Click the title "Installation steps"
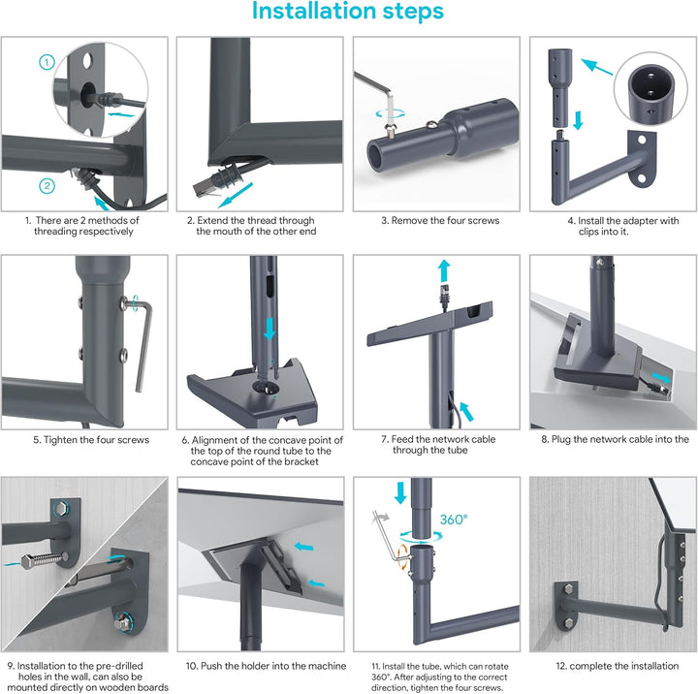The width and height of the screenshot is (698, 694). tap(348, 11)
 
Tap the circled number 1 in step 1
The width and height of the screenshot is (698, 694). tap(48, 62)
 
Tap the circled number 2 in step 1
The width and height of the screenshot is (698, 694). tap(48, 186)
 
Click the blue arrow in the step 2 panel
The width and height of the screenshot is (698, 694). tap(236, 195)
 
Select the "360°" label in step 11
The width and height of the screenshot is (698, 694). tap(454, 520)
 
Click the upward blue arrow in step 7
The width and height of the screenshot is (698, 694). tap(444, 271)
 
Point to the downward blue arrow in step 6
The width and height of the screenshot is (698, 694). tap(270, 329)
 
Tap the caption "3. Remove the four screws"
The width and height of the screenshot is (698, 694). tap(440, 220)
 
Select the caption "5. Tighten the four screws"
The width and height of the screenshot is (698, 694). tap(91, 440)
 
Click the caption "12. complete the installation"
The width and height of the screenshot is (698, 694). tap(617, 666)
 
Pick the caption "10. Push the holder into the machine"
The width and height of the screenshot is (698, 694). tap(266, 666)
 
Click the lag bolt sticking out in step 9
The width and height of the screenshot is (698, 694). tap(44, 561)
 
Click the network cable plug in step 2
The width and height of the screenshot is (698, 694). tap(204, 188)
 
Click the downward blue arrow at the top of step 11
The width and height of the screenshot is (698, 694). tap(400, 492)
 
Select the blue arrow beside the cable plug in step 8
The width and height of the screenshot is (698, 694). tap(660, 377)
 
